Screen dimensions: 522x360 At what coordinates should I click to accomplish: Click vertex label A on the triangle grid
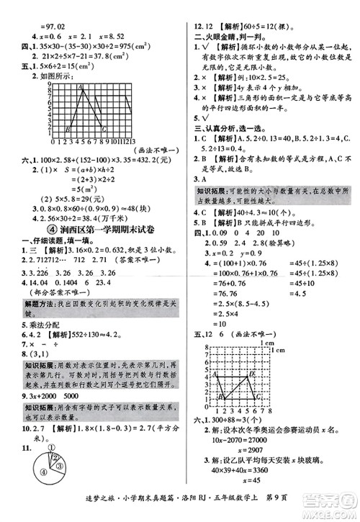[81, 88]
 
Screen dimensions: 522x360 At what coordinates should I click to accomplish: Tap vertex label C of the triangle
[104, 130]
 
